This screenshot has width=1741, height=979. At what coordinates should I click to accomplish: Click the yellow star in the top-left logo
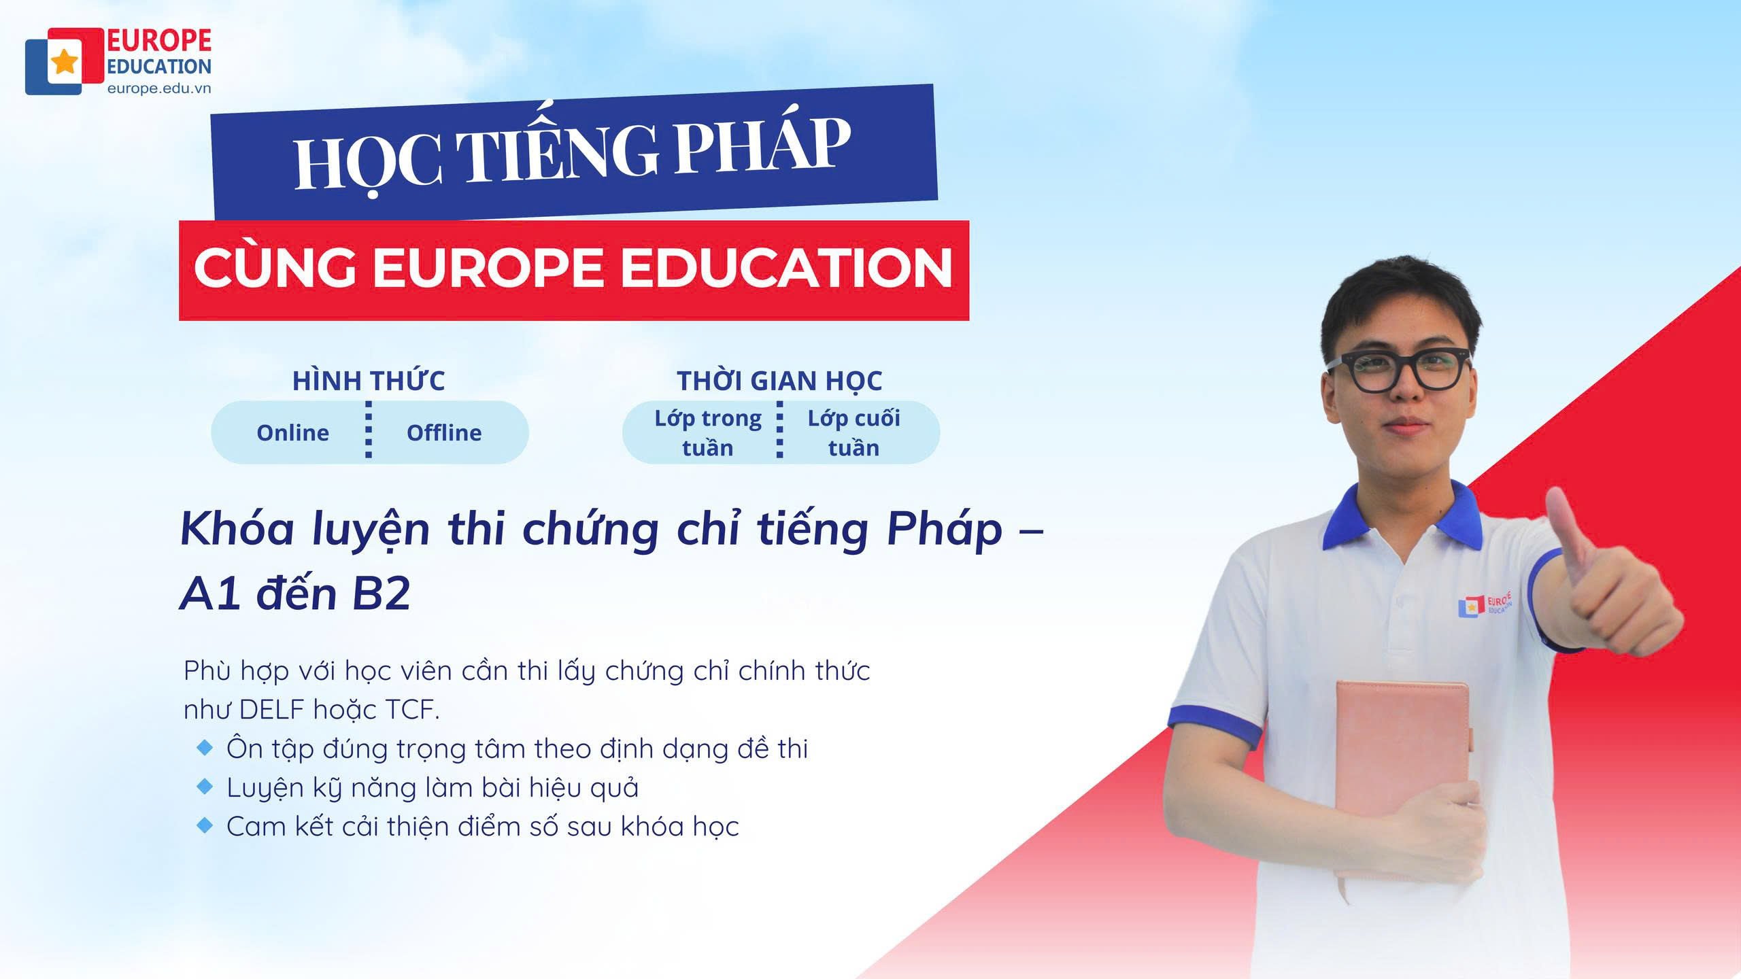(65, 61)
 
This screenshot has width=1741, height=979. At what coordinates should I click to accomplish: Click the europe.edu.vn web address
(159, 88)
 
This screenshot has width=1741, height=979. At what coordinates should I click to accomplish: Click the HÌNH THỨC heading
(369, 380)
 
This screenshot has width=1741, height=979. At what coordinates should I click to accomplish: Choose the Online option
(292, 433)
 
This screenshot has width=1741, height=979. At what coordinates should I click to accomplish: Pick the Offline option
(444, 433)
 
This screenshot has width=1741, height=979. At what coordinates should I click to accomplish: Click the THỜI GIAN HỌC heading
(779, 381)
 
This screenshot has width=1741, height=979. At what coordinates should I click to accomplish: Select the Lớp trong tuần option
(708, 433)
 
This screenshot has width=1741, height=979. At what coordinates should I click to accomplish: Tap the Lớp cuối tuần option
(853, 433)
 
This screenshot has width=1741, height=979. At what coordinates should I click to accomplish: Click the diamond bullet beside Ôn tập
(204, 748)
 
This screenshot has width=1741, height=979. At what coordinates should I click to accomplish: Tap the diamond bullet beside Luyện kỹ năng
(204, 787)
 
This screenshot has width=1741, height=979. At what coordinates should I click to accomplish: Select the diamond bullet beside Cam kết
(204, 826)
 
